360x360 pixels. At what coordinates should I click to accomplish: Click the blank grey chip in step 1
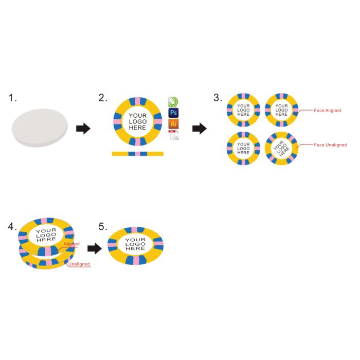click(40, 128)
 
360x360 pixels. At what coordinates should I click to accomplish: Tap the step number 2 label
click(103, 98)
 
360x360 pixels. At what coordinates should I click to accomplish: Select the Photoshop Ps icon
click(174, 113)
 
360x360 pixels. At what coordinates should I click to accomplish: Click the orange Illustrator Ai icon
click(174, 124)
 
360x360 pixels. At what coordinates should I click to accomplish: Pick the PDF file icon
click(174, 135)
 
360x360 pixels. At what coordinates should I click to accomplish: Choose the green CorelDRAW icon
click(173, 102)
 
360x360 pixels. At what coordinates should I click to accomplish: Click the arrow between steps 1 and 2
click(83, 129)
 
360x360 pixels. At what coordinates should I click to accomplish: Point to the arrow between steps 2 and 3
click(200, 129)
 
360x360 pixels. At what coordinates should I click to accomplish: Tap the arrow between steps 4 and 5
click(95, 248)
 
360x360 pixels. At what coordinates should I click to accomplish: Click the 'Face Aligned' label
click(328, 111)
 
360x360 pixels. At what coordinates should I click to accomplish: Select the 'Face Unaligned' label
click(330, 145)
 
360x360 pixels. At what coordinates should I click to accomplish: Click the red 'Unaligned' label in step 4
click(79, 264)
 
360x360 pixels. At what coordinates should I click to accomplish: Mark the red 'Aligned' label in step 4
click(71, 244)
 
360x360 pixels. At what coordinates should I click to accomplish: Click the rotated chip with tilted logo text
click(281, 148)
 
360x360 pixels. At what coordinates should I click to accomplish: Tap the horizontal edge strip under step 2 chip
click(138, 154)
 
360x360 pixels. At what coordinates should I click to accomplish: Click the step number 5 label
click(103, 227)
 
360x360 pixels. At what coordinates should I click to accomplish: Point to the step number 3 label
click(218, 98)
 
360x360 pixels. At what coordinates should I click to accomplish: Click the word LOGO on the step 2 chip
click(138, 122)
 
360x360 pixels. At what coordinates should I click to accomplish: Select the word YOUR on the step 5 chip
click(135, 240)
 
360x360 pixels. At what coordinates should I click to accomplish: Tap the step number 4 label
click(12, 227)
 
